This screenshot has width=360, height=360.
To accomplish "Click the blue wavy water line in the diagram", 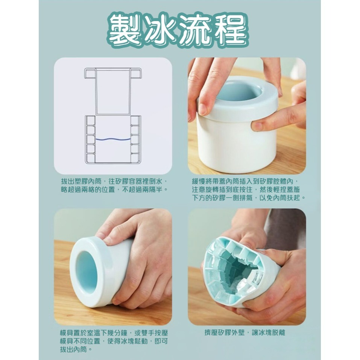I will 113,140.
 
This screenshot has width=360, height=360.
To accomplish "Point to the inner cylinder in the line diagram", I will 113,92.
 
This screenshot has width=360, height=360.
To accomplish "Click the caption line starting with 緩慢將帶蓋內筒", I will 246,181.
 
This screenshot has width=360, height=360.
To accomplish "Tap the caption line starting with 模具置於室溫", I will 113,333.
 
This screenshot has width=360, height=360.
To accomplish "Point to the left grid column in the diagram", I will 90,139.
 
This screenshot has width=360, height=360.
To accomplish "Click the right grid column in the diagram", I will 135,139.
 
